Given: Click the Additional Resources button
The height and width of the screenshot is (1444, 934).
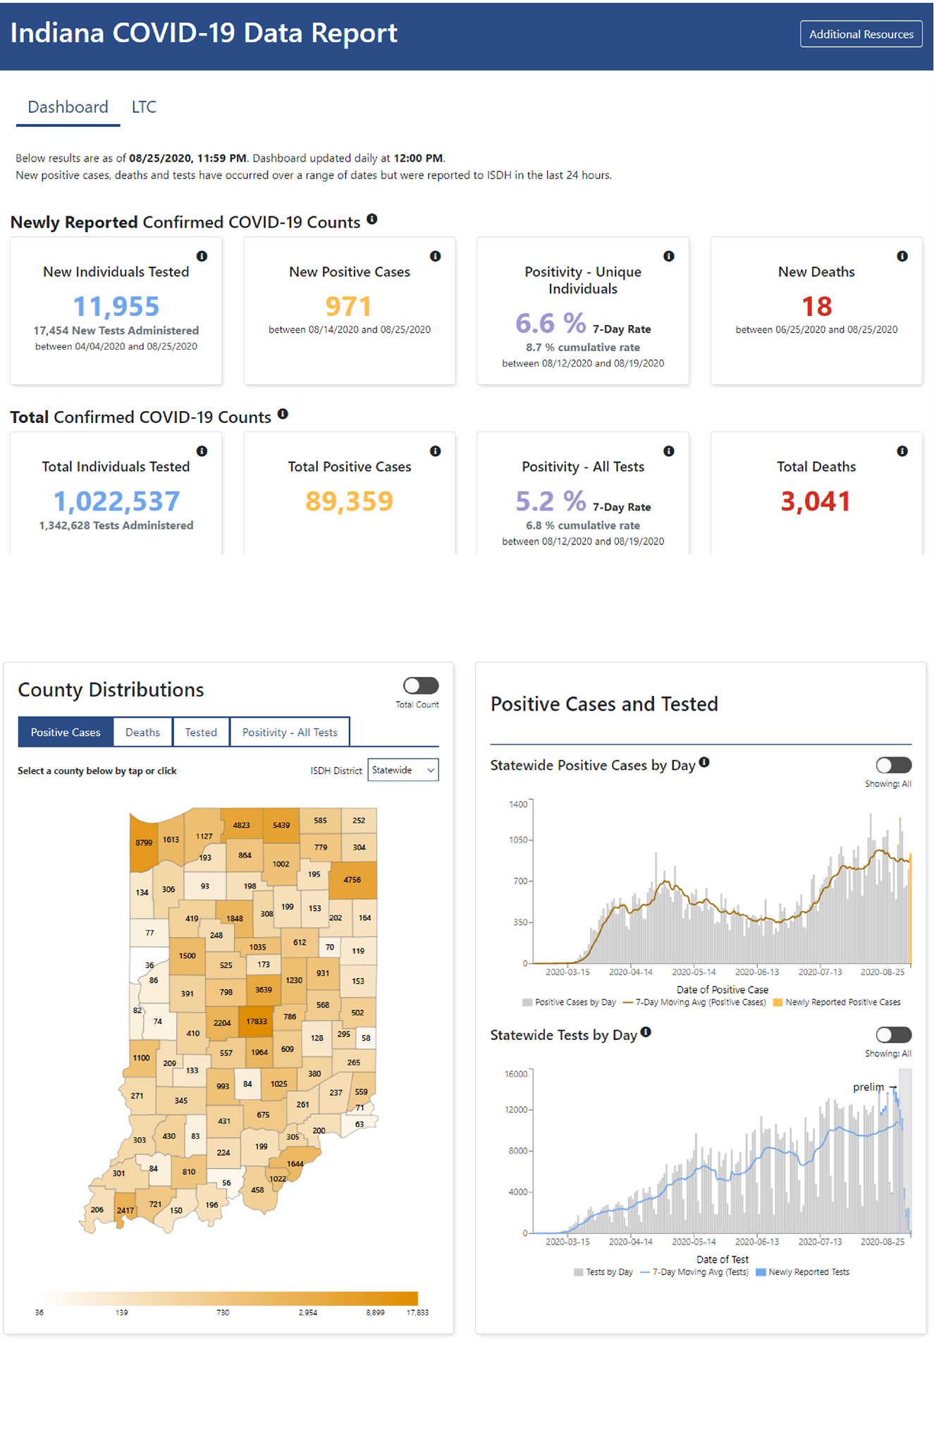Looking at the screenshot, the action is (861, 34).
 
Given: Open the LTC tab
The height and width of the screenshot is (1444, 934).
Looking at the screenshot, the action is (144, 107).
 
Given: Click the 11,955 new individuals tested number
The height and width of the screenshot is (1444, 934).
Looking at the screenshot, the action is (116, 306).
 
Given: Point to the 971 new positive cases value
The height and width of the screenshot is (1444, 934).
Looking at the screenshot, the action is (348, 306).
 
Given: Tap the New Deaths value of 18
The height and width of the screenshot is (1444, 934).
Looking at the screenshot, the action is (816, 306).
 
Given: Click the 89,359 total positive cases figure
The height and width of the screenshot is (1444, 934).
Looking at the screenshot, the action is (349, 501).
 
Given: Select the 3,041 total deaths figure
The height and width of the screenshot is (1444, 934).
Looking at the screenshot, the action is (816, 501).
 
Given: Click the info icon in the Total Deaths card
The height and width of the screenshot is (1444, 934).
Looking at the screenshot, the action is (902, 451).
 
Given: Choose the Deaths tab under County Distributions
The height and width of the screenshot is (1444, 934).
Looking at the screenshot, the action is (142, 732).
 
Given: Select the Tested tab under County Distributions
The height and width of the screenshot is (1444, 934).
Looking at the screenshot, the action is (201, 732).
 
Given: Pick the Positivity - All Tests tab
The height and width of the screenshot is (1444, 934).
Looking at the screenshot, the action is (290, 732).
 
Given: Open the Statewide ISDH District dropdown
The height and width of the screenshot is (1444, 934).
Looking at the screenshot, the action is (403, 770).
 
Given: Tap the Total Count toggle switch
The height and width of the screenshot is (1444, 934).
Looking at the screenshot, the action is (421, 685).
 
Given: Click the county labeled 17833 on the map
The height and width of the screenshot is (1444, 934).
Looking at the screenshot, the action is (256, 1020).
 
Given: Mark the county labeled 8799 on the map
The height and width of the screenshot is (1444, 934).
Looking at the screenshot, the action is (144, 843).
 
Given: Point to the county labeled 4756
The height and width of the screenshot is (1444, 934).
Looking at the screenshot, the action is (352, 880).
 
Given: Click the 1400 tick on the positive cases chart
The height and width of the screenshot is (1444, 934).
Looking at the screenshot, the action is (518, 804).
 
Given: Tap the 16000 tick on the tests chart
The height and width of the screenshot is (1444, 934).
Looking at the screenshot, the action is (516, 1074).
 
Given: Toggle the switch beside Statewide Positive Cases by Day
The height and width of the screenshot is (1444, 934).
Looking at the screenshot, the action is (894, 765).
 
